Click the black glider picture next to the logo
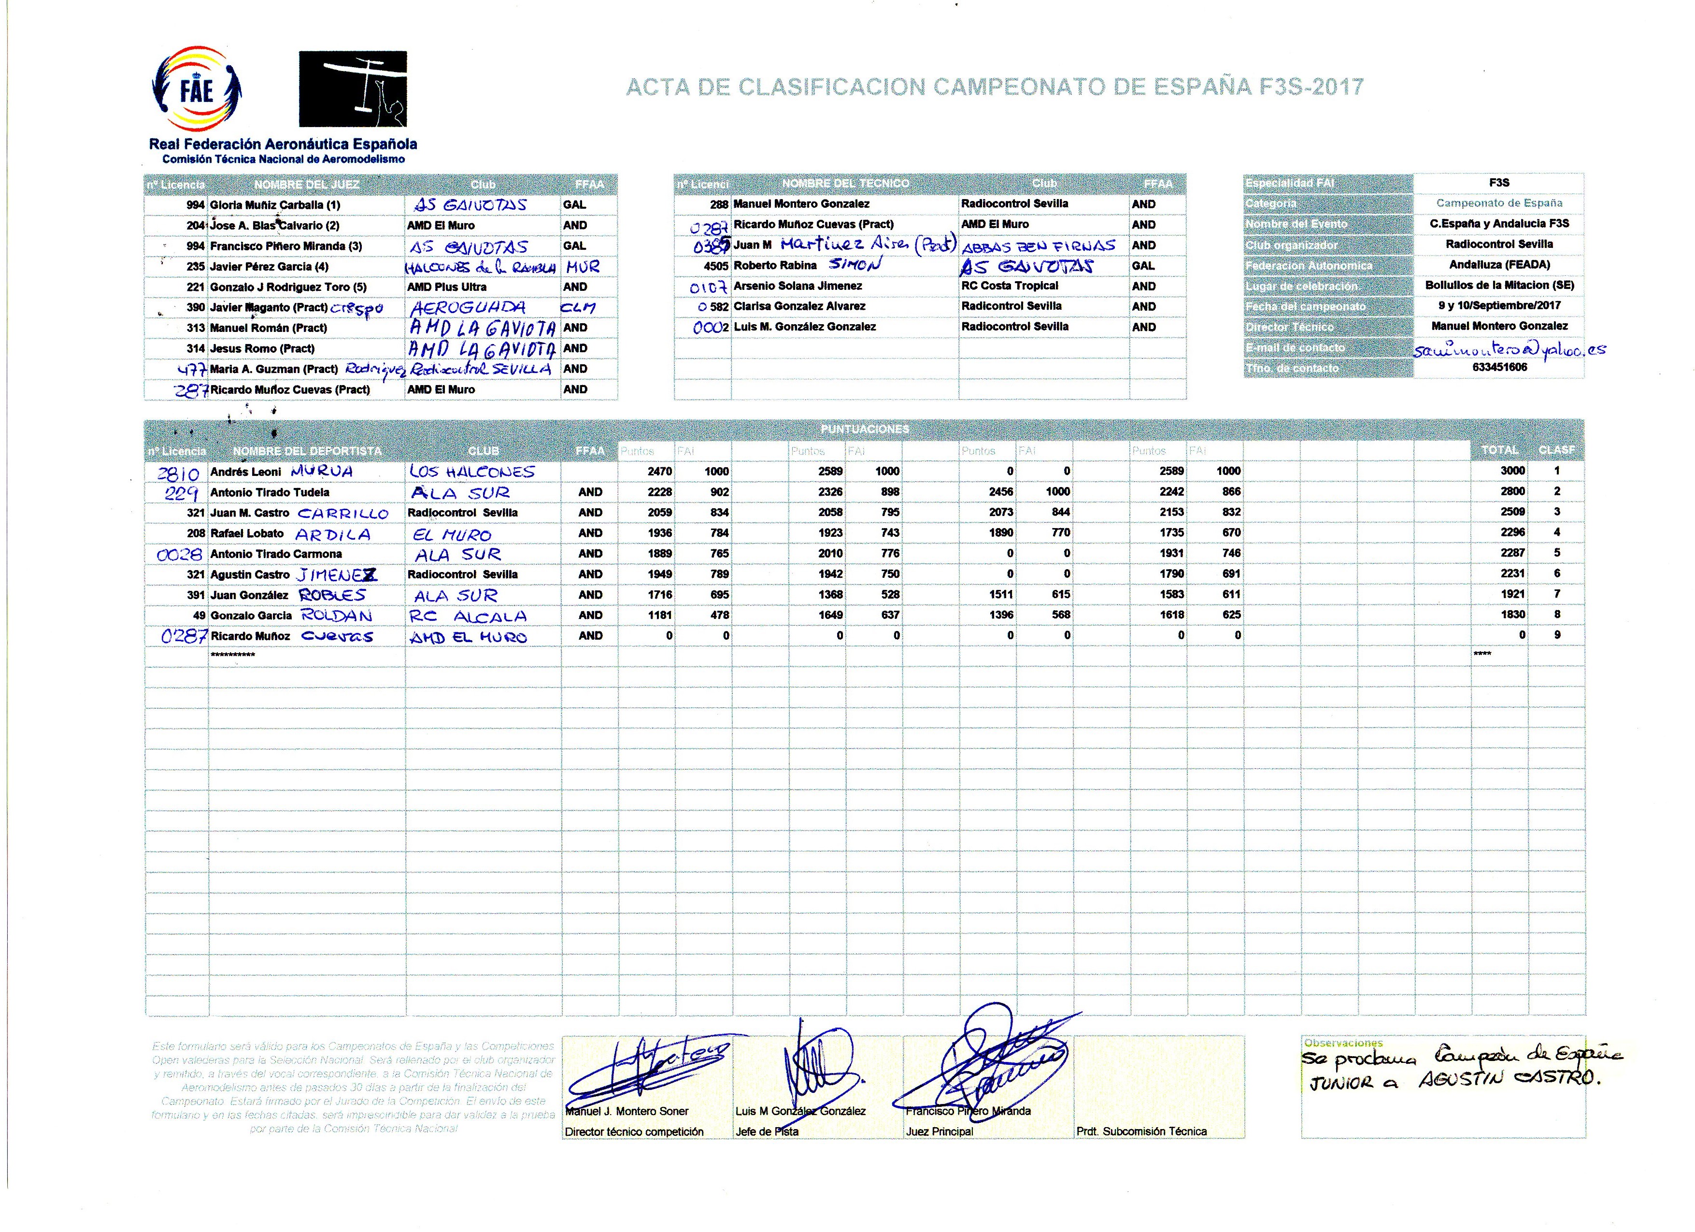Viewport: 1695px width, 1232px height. tap(353, 89)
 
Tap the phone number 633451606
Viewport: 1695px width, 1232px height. tap(1499, 368)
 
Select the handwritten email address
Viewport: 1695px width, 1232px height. tap(1508, 349)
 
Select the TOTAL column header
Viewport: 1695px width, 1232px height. tap(1499, 450)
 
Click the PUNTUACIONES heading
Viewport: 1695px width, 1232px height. tap(865, 429)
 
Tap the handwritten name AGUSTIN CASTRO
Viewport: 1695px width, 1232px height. tap(1509, 1079)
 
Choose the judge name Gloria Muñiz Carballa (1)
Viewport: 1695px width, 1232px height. tap(275, 205)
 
